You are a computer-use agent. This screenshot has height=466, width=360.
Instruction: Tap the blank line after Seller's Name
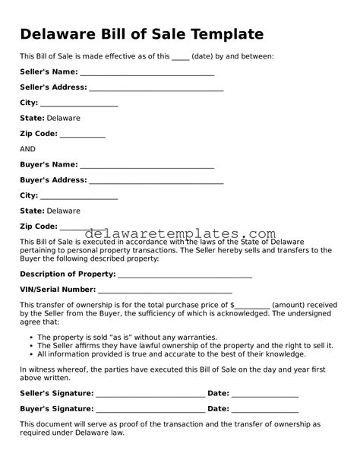point(147,72)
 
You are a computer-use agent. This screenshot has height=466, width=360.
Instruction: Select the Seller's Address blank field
point(156,88)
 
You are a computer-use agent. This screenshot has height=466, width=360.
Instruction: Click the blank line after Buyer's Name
point(147,165)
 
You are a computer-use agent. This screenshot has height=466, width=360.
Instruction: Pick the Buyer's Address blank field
point(156,181)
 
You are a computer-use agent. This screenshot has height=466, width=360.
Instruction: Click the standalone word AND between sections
point(27,149)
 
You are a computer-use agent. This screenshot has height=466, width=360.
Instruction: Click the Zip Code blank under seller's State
point(82,135)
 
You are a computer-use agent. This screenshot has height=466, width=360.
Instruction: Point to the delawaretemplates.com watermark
point(179,233)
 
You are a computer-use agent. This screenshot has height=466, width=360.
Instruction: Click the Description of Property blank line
point(185,274)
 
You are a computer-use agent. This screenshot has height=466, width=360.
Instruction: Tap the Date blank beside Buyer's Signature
point(264,409)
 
